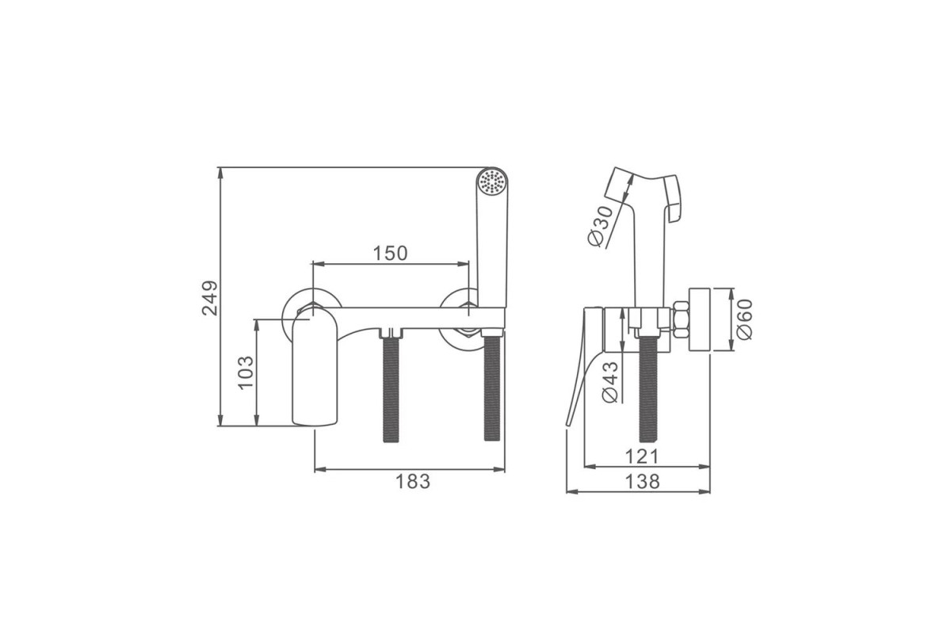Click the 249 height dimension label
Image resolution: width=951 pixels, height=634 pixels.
[x=209, y=298]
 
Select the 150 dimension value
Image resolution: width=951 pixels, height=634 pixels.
[x=390, y=254]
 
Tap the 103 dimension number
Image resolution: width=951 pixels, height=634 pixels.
[x=246, y=372]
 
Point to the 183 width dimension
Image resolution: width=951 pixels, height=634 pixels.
[x=413, y=482]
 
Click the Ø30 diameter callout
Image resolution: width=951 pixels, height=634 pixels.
[x=601, y=226]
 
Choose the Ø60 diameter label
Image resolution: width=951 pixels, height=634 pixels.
[x=744, y=319]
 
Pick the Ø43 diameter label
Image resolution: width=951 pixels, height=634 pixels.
[x=610, y=382]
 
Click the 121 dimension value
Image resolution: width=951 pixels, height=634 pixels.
[x=642, y=456]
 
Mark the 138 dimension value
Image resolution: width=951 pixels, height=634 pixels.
[x=643, y=482]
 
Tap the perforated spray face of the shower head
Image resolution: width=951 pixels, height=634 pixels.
[x=492, y=182]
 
